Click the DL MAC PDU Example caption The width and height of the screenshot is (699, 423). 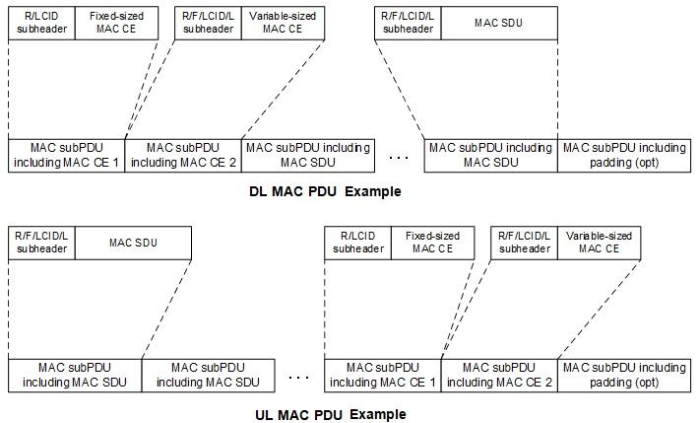325,191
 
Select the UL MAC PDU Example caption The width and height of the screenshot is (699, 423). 330,414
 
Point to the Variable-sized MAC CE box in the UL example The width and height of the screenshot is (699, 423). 594,242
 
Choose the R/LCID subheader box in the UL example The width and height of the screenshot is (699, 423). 357,242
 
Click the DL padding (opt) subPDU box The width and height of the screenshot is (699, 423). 624,155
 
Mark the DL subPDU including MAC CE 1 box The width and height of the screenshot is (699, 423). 67,155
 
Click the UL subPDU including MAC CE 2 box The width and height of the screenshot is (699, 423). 499,375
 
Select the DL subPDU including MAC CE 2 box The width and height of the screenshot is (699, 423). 183,155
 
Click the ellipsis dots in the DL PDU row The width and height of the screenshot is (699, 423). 399,156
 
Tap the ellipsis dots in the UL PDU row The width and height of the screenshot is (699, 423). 300,376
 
